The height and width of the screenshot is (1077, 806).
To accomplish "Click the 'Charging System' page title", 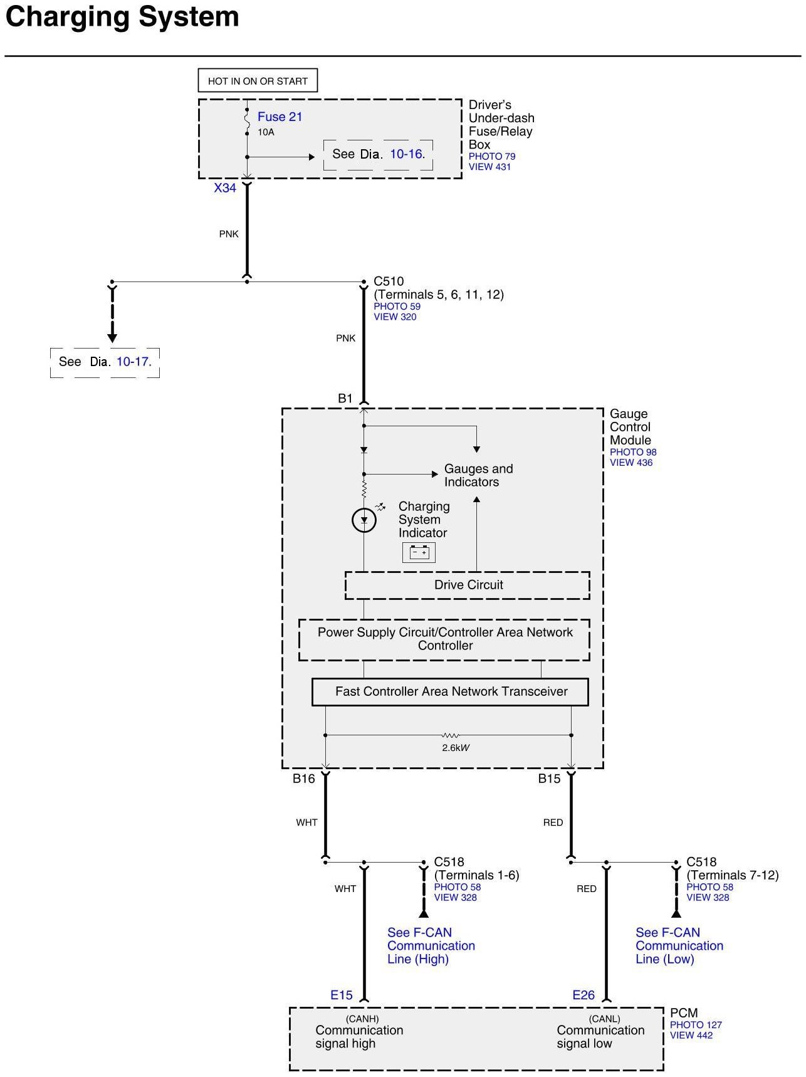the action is pyautogui.click(x=122, y=17).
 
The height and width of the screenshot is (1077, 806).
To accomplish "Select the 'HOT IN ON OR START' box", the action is pyautogui.click(x=258, y=81).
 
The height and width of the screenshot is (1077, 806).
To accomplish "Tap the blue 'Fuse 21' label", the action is pyautogui.click(x=280, y=117).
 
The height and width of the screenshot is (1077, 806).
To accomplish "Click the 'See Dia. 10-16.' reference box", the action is pyautogui.click(x=378, y=154).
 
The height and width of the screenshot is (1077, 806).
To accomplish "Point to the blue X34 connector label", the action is pyautogui.click(x=225, y=187).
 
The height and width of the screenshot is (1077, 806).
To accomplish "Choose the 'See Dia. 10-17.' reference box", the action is pyautogui.click(x=105, y=362).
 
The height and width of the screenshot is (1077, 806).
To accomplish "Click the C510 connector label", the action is pyautogui.click(x=389, y=281).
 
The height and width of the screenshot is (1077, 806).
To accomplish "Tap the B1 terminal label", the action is pyautogui.click(x=345, y=398).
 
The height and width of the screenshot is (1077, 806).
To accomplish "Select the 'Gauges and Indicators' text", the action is pyautogui.click(x=478, y=475).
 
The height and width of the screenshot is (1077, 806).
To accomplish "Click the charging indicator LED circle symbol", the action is pyautogui.click(x=364, y=520).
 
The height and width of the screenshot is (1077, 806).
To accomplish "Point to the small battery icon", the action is pyautogui.click(x=419, y=552).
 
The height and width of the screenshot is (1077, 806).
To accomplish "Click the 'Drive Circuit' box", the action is pyautogui.click(x=468, y=585).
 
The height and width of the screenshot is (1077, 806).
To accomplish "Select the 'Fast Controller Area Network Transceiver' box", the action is pyautogui.click(x=450, y=691).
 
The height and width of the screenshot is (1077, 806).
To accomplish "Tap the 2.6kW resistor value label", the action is pyautogui.click(x=456, y=748).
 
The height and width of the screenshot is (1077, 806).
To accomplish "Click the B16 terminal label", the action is pyautogui.click(x=303, y=779).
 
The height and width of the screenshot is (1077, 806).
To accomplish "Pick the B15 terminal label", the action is pyautogui.click(x=549, y=779).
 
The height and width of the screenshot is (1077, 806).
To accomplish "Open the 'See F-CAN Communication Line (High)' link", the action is pyautogui.click(x=431, y=945).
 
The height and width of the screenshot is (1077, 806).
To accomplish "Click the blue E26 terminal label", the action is pyautogui.click(x=584, y=995).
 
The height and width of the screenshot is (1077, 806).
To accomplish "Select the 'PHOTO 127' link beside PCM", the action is pyautogui.click(x=696, y=1025).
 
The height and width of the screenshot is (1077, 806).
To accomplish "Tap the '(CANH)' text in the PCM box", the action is pyautogui.click(x=362, y=1019).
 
